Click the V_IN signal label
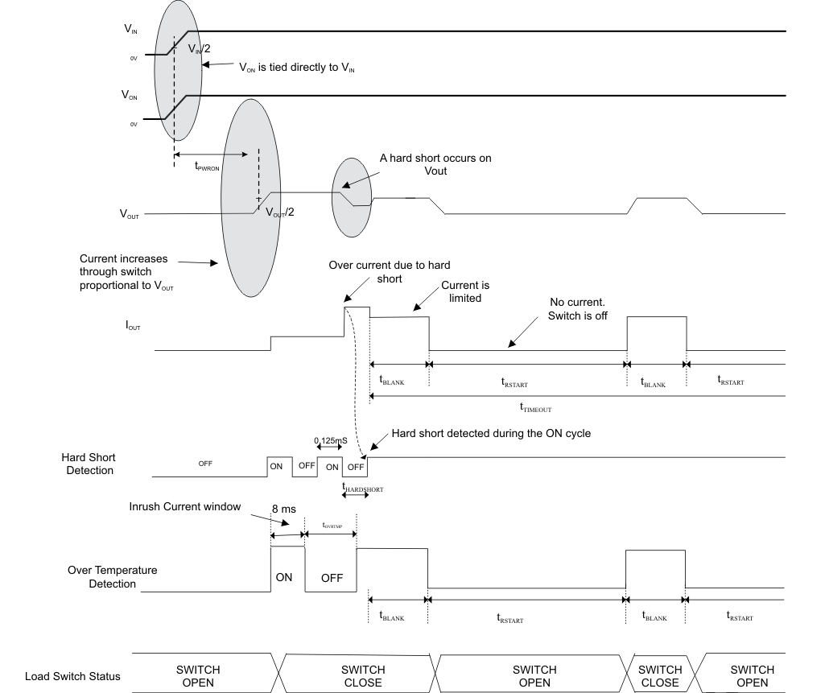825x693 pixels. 130,29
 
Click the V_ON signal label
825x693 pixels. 130,95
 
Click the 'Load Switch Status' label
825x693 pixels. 72,676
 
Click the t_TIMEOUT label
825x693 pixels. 535,408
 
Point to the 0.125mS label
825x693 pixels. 335,442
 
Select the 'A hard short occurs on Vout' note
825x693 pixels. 435,164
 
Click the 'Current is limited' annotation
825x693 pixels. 465,291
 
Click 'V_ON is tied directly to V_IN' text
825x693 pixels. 297,68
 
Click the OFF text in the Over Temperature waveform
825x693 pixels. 332,578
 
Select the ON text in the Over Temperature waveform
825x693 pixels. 284,577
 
